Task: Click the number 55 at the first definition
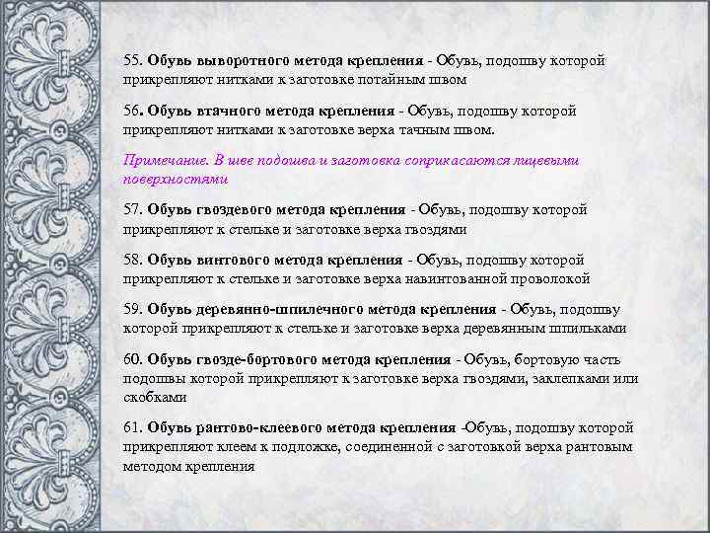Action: pos(132,61)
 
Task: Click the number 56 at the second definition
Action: pos(132,112)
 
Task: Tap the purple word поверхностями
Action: pos(176,179)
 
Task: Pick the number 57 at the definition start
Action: pos(132,210)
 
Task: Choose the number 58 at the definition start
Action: pos(132,261)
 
